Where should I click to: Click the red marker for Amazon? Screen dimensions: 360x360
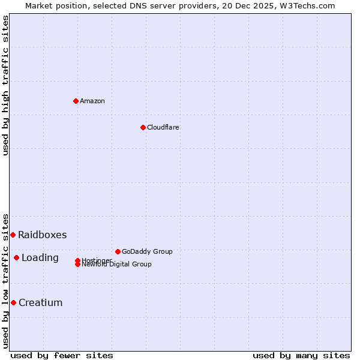(76, 101)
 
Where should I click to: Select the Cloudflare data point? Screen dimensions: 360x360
(143, 127)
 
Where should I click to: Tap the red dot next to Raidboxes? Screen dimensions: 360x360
(13, 235)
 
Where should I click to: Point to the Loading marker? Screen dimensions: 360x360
(16, 257)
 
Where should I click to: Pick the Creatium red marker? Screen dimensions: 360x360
(13, 302)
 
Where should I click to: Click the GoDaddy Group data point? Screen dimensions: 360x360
(118, 251)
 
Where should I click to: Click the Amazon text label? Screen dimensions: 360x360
(92, 101)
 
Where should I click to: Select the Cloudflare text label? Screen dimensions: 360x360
(163, 127)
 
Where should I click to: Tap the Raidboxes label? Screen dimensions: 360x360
(42, 235)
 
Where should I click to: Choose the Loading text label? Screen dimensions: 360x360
(40, 257)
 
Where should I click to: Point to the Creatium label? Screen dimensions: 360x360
(40, 302)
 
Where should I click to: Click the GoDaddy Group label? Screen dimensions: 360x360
(147, 251)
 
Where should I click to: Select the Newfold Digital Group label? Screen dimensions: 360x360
(116, 265)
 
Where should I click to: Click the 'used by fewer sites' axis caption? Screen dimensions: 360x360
(62, 355)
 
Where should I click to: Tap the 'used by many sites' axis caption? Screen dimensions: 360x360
(301, 355)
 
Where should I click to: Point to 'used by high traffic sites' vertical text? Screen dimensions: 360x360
(6, 85)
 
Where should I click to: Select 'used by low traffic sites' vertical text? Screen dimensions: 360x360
(6, 280)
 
